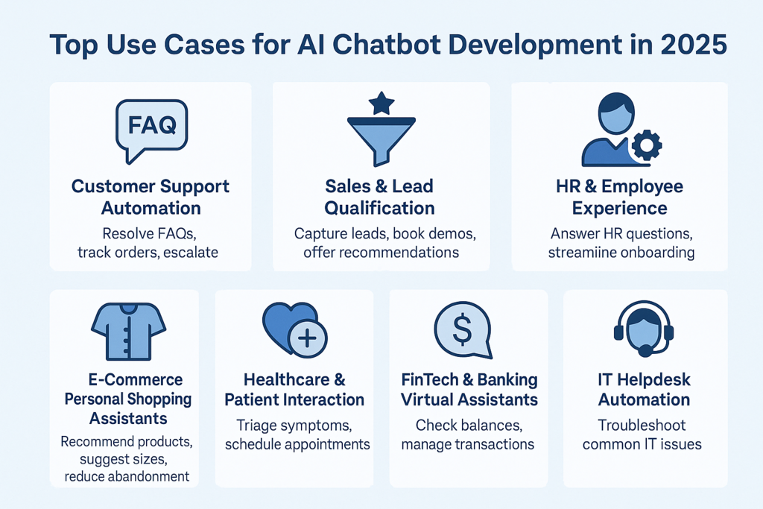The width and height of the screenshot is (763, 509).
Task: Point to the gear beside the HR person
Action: tap(645, 145)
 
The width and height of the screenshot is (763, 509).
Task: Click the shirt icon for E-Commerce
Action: tap(128, 329)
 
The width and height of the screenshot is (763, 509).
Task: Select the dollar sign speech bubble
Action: tap(463, 329)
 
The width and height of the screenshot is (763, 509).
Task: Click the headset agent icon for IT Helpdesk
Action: tap(644, 331)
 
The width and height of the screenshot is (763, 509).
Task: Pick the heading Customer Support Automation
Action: tap(151, 196)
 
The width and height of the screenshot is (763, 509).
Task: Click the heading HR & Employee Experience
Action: tap(619, 196)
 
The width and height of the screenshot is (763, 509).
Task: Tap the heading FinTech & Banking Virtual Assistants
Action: tap(469, 390)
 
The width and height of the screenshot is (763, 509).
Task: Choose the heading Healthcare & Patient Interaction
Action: tap(294, 390)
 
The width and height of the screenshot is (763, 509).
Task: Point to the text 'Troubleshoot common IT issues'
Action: tap(644, 434)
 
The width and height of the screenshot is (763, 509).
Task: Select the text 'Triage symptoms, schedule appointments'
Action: tap(294, 434)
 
